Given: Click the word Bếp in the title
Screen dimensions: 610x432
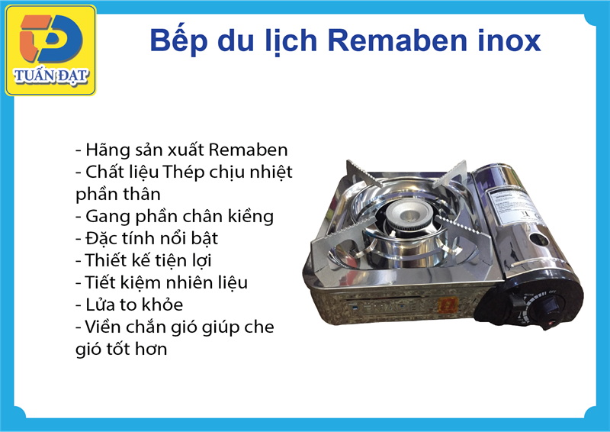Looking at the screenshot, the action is (178, 40).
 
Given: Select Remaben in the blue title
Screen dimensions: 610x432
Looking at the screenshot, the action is (397, 40).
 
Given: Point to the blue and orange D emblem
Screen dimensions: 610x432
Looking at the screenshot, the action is (51, 39).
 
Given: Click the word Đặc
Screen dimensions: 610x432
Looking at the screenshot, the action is (100, 238).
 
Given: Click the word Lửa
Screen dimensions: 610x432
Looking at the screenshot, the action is (100, 305).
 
